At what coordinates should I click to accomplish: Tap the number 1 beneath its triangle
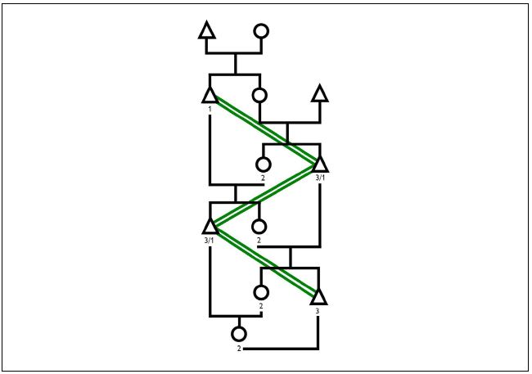click(x=210, y=109)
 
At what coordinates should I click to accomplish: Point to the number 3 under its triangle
click(x=318, y=311)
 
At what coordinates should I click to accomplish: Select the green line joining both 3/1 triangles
click(x=264, y=194)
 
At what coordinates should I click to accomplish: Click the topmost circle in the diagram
click(x=261, y=32)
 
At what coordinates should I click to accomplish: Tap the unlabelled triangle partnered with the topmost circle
click(x=207, y=32)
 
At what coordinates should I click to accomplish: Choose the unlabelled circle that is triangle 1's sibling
click(x=260, y=96)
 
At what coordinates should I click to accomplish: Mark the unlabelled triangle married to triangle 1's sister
click(x=319, y=94)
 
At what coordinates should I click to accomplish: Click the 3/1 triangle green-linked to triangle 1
click(x=319, y=163)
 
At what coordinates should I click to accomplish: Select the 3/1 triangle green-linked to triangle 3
click(x=210, y=225)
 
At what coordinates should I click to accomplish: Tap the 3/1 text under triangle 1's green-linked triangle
click(x=319, y=177)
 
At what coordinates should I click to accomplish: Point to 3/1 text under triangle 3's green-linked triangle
click(x=209, y=240)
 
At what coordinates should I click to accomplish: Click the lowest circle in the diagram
click(x=239, y=334)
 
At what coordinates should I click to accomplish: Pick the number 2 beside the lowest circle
click(x=239, y=349)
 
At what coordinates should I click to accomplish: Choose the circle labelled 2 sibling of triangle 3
click(x=261, y=292)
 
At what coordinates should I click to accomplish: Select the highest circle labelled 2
click(x=264, y=164)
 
